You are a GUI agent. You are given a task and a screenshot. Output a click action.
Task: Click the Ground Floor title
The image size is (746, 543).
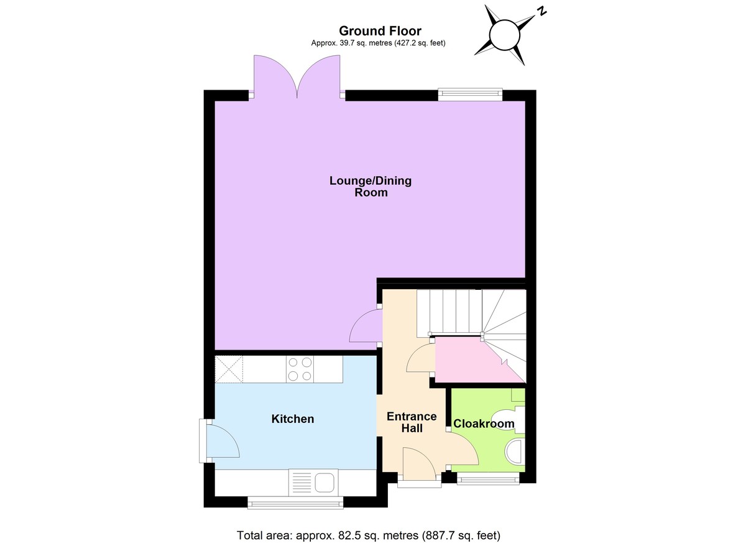click(380, 30)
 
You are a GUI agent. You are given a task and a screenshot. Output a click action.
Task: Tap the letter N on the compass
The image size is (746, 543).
click(542, 11)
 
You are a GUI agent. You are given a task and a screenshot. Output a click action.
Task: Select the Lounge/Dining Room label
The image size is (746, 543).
click(371, 187)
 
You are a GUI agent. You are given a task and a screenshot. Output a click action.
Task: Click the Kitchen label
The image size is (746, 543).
click(293, 419)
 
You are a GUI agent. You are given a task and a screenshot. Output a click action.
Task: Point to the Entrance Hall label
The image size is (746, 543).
click(412, 422)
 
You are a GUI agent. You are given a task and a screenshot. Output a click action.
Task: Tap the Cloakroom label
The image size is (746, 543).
click(484, 424)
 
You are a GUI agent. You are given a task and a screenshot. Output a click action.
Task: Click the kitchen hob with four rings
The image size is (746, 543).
click(299, 369)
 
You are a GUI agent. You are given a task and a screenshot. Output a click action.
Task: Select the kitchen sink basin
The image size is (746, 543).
click(325, 482)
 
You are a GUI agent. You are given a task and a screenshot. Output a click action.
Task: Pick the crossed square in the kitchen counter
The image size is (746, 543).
click(229, 369)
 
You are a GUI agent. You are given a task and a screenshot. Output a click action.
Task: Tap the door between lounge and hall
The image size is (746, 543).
click(366, 325)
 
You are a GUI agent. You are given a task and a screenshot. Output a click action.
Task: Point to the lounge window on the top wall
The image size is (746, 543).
click(470, 94)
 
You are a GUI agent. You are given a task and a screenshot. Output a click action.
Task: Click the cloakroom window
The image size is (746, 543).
click(488, 479)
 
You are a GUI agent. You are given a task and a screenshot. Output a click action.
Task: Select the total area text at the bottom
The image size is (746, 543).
click(369, 535)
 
